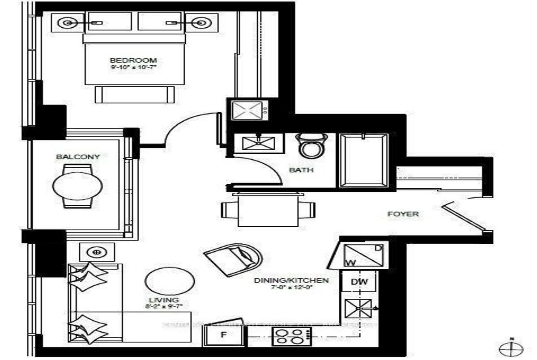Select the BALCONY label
coord(78,157)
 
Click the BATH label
coord(301,170)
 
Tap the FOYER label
coord(403,214)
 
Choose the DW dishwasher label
coord(359,282)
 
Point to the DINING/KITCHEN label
coord(292,280)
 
